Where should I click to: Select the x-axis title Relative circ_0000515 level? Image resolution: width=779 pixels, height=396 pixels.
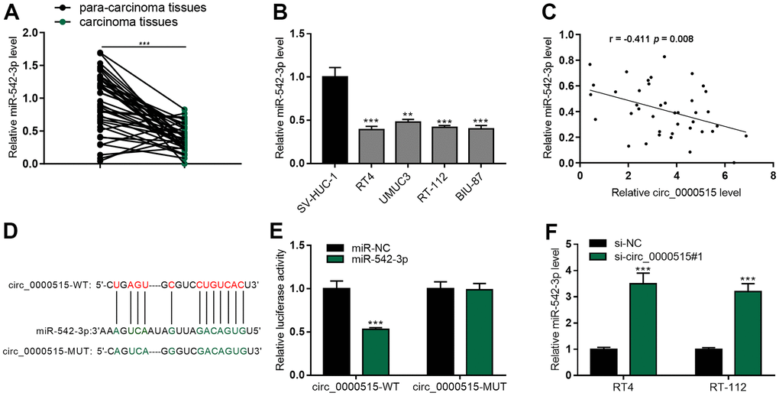(672, 193)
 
